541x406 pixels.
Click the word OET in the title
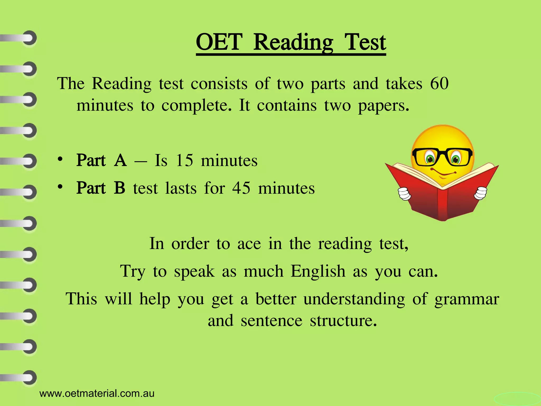coord(219,42)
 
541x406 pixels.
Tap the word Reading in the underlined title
coord(293,43)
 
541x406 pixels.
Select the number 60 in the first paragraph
coord(439,84)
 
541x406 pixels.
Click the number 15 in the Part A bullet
coord(184,160)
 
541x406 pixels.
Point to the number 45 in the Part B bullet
coord(241,188)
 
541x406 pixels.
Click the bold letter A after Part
coord(120,160)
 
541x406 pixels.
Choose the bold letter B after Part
coord(120,188)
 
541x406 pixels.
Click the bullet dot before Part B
coord(60,187)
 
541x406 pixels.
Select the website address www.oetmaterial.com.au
coord(97,394)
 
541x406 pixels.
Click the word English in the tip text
coord(318,271)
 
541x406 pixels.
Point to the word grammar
coord(467,299)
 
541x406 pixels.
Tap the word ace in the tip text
coord(249,244)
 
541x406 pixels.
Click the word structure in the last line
coord(343,321)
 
